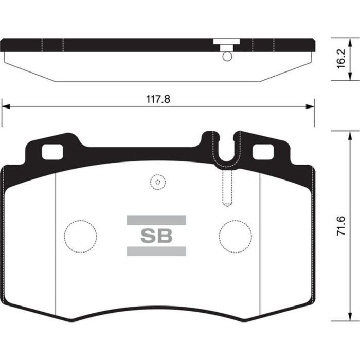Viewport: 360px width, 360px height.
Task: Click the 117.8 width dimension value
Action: [x=158, y=100]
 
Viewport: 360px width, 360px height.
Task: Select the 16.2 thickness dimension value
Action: [x=340, y=60]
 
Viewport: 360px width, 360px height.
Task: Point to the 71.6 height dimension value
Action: [x=340, y=226]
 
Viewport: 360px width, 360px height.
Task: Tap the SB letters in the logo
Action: [x=156, y=236]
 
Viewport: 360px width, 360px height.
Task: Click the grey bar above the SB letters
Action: [x=156, y=221]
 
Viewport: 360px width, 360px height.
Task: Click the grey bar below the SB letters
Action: [x=156, y=251]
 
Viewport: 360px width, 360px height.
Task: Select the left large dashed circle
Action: [x=80, y=236]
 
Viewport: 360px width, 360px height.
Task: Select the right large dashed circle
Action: [x=235, y=236]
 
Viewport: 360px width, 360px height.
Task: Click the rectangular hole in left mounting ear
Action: [x=51, y=151]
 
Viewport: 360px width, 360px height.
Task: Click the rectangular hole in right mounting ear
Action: [x=263, y=151]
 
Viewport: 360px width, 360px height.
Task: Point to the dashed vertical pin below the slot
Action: [x=227, y=188]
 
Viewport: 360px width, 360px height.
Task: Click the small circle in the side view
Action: [x=227, y=57]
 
